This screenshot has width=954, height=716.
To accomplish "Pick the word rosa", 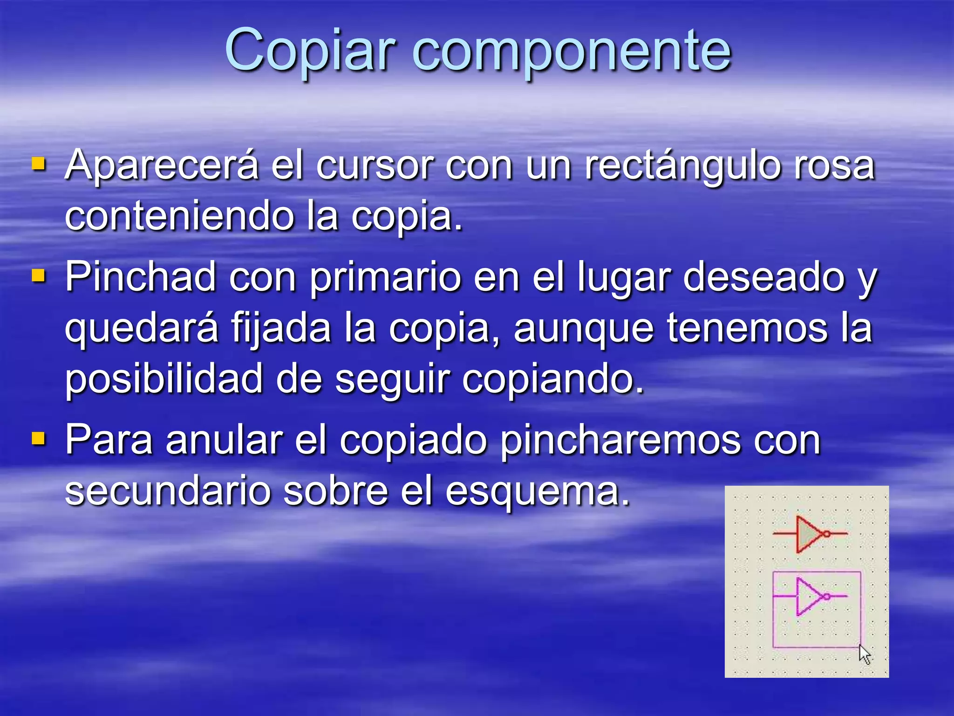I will click(x=834, y=166).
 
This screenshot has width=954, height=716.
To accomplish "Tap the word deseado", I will click(x=764, y=277).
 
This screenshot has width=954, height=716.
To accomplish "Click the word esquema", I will click(x=537, y=492).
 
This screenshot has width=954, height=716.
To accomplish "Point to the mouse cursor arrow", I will click(x=864, y=654).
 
